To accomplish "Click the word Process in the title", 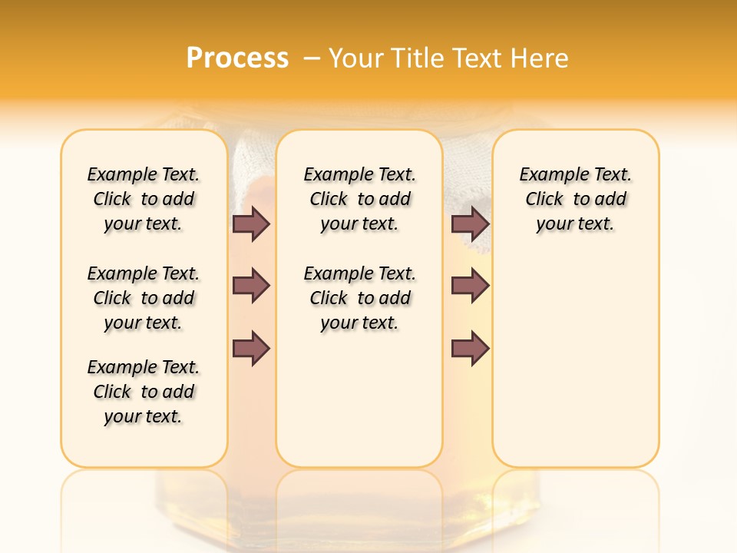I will point(237,58).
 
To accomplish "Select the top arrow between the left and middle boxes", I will point(251,224).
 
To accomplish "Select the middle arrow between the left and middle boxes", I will point(251,286).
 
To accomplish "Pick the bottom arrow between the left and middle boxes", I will point(251,349).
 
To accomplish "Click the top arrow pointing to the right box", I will point(470,224).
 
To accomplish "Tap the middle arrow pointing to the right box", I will point(470,286).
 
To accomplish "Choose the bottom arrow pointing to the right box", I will point(470,349).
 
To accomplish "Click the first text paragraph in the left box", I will point(144,199).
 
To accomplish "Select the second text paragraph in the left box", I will point(144,298).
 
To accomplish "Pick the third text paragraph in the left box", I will point(144,392).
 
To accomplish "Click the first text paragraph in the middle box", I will point(359,199).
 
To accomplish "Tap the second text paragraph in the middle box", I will point(359,298).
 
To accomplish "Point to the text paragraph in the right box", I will point(575,199).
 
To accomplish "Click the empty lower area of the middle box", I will point(359,399).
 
